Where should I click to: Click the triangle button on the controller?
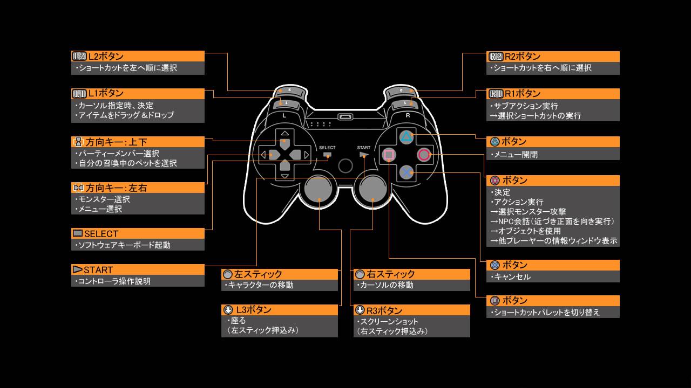(x=406, y=137)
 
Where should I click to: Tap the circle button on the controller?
(x=424, y=155)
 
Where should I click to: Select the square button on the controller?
(x=388, y=155)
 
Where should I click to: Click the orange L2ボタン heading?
(x=138, y=56)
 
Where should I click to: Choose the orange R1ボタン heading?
(x=553, y=93)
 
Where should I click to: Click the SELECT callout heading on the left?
(x=138, y=233)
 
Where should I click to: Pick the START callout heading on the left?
(x=138, y=269)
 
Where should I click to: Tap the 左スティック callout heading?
(x=280, y=274)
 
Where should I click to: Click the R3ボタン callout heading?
(x=411, y=310)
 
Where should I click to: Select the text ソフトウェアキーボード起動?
(x=124, y=245)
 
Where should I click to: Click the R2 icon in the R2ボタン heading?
(x=495, y=57)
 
